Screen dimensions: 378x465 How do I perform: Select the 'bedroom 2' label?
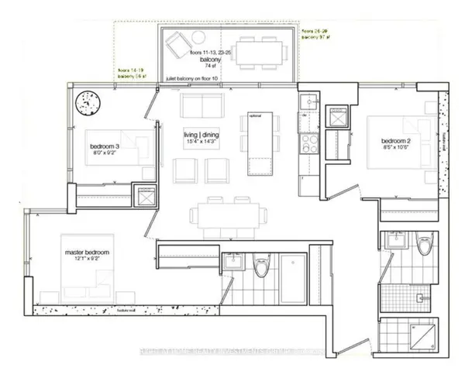tap(395, 140)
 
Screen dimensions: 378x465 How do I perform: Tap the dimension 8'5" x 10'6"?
tap(395, 148)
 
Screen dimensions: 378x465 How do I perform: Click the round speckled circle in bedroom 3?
tap(88, 101)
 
